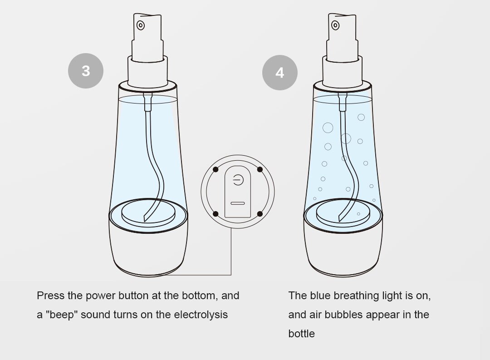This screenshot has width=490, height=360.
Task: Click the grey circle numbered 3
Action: (86, 71)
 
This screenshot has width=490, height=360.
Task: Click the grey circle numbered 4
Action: (279, 73)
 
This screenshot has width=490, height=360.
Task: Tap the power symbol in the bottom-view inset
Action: (238, 180)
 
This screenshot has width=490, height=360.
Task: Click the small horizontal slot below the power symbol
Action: (237, 203)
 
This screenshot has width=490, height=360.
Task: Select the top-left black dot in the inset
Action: (216, 169)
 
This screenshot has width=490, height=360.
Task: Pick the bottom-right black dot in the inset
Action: (260, 214)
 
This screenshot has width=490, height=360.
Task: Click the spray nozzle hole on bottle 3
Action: (141, 25)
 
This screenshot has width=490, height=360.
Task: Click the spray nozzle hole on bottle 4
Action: (335, 25)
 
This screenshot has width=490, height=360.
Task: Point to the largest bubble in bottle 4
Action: (328, 128)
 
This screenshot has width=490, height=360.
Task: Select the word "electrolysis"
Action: (201, 315)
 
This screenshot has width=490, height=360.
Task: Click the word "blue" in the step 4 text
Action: (320, 296)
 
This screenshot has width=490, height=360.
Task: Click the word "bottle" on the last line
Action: (302, 334)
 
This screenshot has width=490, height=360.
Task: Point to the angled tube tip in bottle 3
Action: (146, 218)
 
